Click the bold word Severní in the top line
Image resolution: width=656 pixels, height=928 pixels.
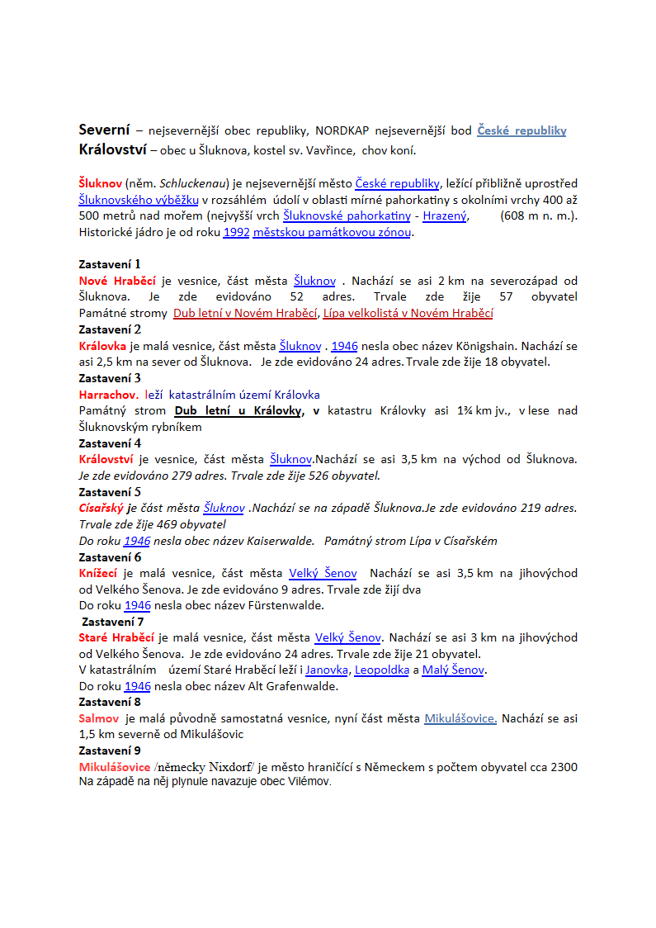tap(104, 130)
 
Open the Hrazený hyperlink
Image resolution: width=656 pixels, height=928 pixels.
tap(445, 216)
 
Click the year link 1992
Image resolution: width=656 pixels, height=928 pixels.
tap(236, 233)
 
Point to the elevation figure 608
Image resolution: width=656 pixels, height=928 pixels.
tap(514, 216)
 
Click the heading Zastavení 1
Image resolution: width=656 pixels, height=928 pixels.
tap(110, 264)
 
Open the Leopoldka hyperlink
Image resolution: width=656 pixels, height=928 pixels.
tap(382, 670)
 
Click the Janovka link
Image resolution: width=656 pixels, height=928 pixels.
tap(328, 670)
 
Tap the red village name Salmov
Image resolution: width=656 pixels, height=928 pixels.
tap(99, 718)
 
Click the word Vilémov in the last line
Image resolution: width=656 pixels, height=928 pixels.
tap(307, 781)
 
